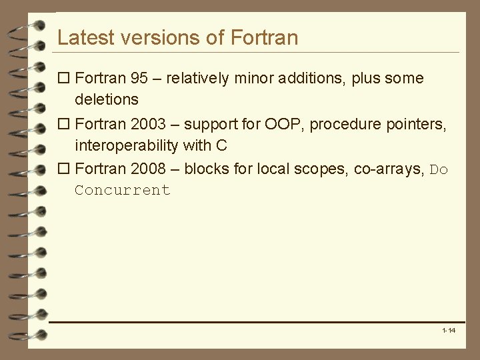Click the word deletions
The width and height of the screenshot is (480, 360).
tap(107, 100)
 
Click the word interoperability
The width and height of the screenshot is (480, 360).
tap(127, 145)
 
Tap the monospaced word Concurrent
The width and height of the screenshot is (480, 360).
tap(123, 191)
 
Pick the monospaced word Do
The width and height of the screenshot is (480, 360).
tap(439, 170)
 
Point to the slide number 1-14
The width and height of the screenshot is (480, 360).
tap(449, 331)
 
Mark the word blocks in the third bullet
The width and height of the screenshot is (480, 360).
tap(203, 169)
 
